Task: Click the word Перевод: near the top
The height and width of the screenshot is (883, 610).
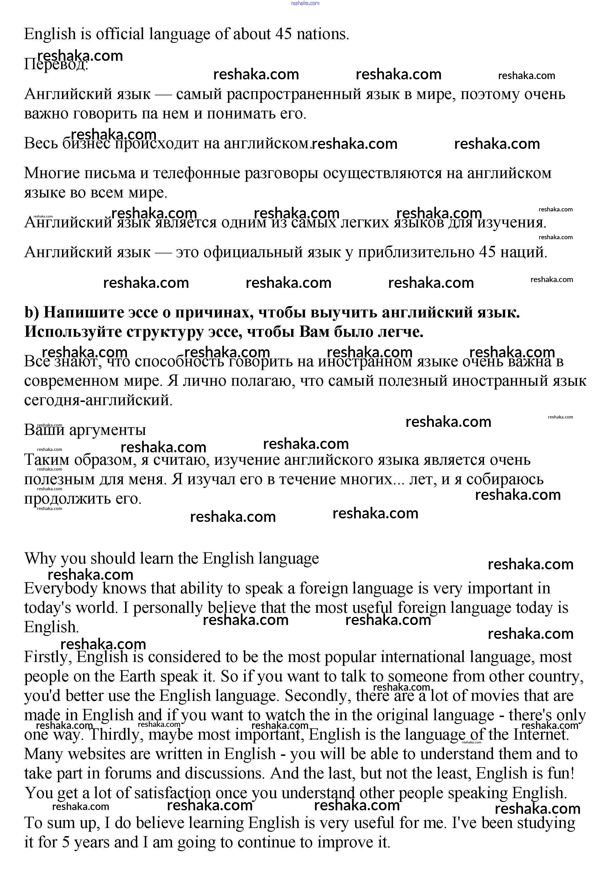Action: (56, 64)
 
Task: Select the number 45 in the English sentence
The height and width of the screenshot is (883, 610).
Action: (284, 34)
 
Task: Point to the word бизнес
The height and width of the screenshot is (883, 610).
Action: (86, 143)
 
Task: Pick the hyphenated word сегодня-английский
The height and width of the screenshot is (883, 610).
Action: (98, 400)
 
